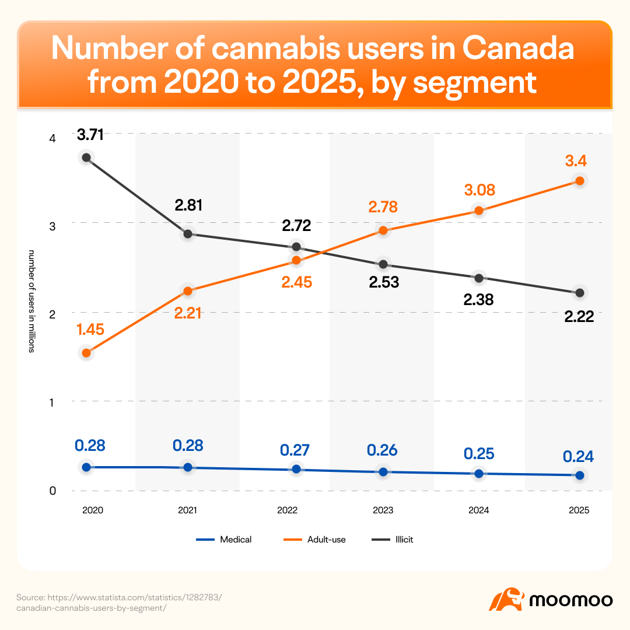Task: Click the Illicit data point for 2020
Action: tap(86, 157)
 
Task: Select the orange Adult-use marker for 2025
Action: tap(579, 181)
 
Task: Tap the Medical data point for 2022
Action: tap(296, 469)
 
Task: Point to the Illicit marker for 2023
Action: tap(383, 264)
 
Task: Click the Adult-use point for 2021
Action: tap(188, 291)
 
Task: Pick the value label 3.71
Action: tap(90, 135)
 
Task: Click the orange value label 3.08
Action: tap(480, 190)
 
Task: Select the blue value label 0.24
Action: tap(577, 456)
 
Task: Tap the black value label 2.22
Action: tap(579, 317)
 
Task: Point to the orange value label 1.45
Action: tap(90, 330)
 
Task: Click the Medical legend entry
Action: tap(224, 540)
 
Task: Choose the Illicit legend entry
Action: tap(392, 540)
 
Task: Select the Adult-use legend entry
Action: tap(314, 540)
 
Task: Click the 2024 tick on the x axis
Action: tap(478, 510)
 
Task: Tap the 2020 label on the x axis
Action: tap(92, 510)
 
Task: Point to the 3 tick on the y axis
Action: tap(52, 226)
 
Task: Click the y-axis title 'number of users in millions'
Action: tap(32, 302)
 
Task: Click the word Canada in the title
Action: tap(518, 48)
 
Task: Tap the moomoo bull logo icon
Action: tap(507, 599)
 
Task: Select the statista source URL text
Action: tap(119, 603)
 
